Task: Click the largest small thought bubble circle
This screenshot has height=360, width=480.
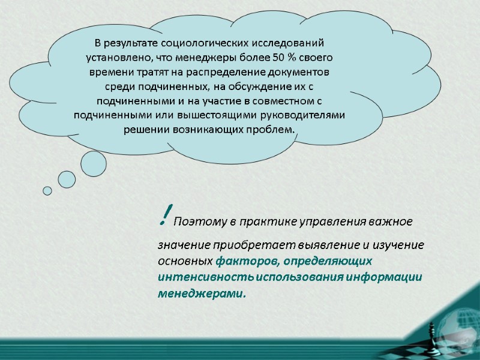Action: [x=93, y=163]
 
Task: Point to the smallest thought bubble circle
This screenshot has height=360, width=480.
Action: [x=47, y=191]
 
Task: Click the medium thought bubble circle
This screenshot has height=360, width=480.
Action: [x=67, y=179]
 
